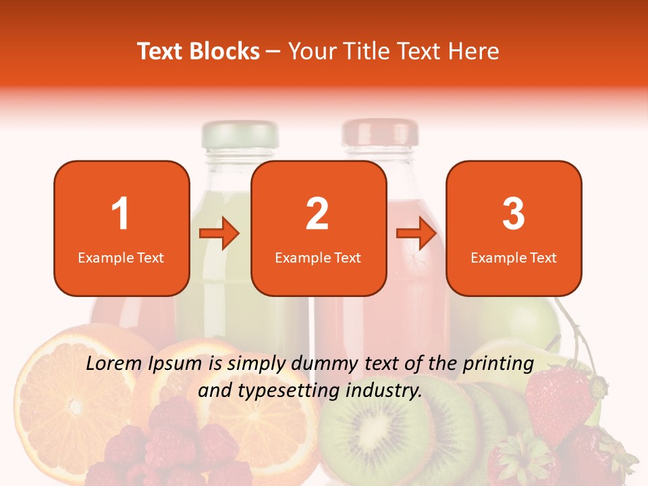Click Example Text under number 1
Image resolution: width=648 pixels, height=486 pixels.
click(121, 258)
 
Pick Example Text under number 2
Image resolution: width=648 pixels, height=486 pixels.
click(318, 258)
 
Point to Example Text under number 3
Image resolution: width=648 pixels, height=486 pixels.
click(514, 258)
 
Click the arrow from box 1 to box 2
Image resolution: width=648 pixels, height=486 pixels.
click(220, 234)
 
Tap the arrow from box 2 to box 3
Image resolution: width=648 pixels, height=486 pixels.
click(416, 234)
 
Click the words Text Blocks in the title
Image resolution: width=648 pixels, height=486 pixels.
click(198, 51)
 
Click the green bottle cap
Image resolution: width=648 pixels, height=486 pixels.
click(240, 134)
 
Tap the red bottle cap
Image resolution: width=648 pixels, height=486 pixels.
click(380, 132)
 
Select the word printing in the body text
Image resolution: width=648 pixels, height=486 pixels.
click(500, 364)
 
